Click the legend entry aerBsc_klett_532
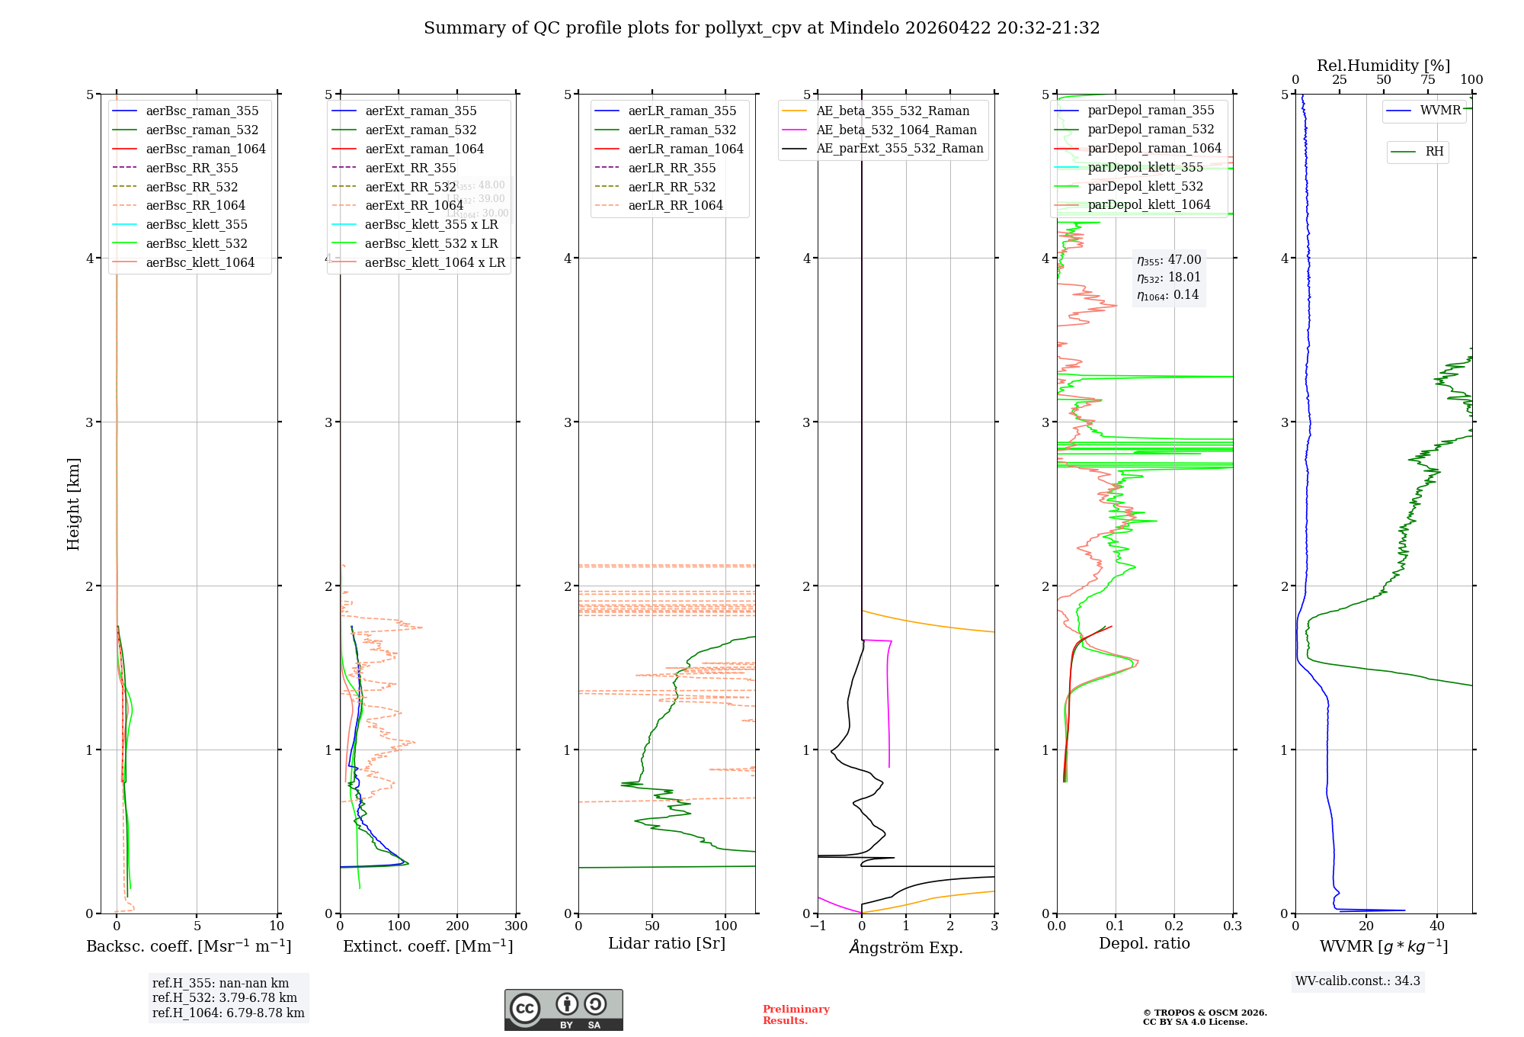click(197, 243)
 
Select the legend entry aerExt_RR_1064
click(414, 205)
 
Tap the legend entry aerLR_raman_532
click(682, 130)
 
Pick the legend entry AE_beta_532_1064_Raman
click(896, 130)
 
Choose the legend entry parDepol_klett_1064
click(1148, 204)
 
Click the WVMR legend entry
click(1440, 111)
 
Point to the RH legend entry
click(1434, 152)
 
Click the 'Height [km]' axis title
click(73, 503)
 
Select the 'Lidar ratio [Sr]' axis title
click(667, 943)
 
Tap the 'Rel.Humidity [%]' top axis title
click(1383, 66)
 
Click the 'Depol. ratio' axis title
click(1144, 943)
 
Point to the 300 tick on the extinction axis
click(516, 926)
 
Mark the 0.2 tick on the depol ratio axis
click(1174, 926)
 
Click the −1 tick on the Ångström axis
click(818, 926)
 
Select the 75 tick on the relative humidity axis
click(1427, 80)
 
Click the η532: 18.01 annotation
click(1168, 278)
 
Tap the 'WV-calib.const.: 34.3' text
click(1358, 981)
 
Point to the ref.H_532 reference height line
click(225, 997)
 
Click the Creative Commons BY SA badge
click(563, 1010)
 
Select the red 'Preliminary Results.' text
click(796, 1014)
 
